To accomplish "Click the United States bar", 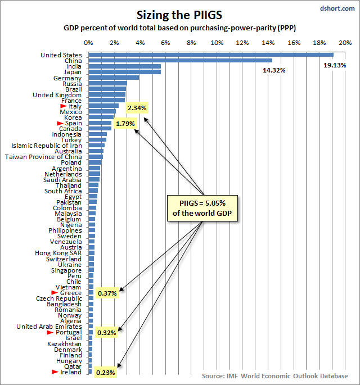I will (x=211, y=55).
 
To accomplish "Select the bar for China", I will (x=180, y=61).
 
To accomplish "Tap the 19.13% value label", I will (x=334, y=65).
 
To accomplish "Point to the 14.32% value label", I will (x=273, y=70).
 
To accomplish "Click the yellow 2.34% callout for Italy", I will (x=137, y=107).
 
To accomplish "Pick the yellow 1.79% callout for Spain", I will (x=124, y=123).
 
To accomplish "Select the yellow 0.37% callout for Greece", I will (x=107, y=293).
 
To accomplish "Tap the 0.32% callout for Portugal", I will (x=106, y=333).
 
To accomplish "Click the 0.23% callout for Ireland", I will (x=106, y=372).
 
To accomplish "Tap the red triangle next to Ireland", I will (x=55, y=372).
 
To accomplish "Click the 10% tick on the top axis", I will (x=217, y=43).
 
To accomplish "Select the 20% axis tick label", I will (x=345, y=43).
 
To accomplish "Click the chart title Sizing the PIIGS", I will (x=180, y=13).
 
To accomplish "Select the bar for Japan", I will (x=124, y=72).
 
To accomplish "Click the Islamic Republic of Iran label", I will (x=46, y=146).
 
